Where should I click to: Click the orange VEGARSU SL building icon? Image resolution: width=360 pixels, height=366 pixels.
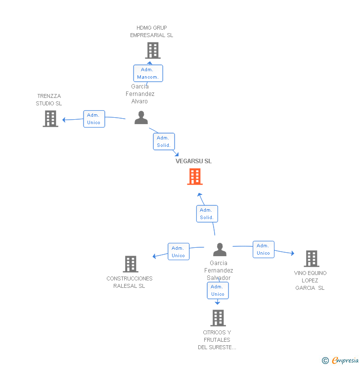pyautogui.click(x=195, y=177)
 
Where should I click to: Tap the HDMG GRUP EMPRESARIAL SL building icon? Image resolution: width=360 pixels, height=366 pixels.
pyautogui.click(x=153, y=50)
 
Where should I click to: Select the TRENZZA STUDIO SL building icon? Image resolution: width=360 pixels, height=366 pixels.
pyautogui.click(x=50, y=119)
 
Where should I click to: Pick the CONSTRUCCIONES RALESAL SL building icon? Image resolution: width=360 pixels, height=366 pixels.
pyautogui.click(x=131, y=264)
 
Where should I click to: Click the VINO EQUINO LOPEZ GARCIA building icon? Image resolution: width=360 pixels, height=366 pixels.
pyautogui.click(x=312, y=259)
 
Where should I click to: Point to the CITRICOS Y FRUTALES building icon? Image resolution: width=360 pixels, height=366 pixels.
pyautogui.click(x=218, y=318)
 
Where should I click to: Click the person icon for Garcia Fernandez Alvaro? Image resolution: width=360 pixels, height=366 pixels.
pyautogui.click(x=141, y=118)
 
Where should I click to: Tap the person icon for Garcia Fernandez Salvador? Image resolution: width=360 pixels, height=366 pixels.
pyautogui.click(x=220, y=249)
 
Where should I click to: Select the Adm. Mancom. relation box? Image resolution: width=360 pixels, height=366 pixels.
pyautogui.click(x=148, y=73)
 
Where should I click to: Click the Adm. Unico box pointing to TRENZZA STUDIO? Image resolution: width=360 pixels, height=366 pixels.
pyautogui.click(x=94, y=119)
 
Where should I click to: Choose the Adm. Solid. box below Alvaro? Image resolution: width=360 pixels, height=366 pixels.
pyautogui.click(x=164, y=141)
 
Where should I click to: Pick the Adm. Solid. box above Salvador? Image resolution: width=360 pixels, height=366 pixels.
pyautogui.click(x=207, y=214)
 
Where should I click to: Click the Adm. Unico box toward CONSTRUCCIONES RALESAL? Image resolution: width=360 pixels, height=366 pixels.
pyautogui.click(x=179, y=252)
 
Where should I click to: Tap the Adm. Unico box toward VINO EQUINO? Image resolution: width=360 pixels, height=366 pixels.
pyautogui.click(x=264, y=249)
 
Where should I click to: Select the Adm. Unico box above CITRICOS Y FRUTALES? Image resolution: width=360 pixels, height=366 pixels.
pyautogui.click(x=218, y=290)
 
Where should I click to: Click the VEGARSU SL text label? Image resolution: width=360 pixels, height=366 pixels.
pyautogui.click(x=193, y=161)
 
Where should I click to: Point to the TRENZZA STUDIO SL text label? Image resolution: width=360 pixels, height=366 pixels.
pyautogui.click(x=49, y=100)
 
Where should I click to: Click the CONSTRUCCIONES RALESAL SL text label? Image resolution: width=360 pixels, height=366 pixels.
pyautogui.click(x=130, y=282)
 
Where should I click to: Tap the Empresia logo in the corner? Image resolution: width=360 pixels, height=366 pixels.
pyautogui.click(x=341, y=361)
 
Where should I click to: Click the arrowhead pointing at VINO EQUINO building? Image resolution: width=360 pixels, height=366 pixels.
pyautogui.click(x=293, y=254)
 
